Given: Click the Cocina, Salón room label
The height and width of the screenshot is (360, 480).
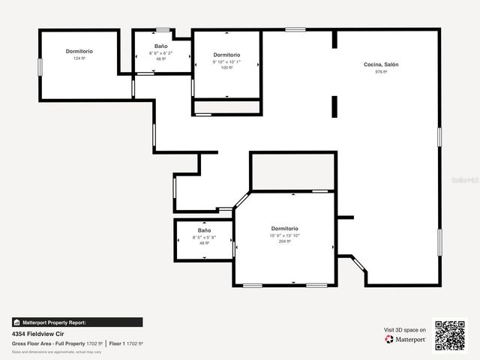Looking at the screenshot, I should [x=381, y=64].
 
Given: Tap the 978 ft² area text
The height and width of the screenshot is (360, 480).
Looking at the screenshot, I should [x=381, y=72].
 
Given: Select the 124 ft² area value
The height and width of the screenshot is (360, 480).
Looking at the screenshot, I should [x=79, y=58].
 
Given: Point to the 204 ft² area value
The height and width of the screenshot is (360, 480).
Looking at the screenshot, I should [x=284, y=241].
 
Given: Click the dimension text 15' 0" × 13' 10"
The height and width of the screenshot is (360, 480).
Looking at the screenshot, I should [x=284, y=235].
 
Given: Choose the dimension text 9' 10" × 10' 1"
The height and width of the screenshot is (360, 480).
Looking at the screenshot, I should [x=226, y=61].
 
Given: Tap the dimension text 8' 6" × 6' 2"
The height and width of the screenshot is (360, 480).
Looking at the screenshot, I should [x=161, y=52].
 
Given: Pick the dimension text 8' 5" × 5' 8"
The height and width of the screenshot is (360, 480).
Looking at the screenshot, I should [x=204, y=237].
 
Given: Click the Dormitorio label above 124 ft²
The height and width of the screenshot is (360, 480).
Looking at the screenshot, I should [x=79, y=51].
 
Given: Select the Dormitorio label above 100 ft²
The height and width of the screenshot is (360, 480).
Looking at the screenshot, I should [x=226, y=55].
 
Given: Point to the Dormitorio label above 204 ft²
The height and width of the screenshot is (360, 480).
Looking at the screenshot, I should [x=284, y=229].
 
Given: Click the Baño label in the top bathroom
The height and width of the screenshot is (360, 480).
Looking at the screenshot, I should [x=161, y=46].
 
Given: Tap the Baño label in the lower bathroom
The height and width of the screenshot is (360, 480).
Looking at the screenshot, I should [x=204, y=230].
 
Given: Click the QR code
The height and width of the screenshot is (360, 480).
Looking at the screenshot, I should [x=450, y=335].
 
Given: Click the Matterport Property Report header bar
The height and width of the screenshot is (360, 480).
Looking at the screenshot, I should [x=76, y=322].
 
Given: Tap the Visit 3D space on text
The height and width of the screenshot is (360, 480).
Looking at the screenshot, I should [x=405, y=330].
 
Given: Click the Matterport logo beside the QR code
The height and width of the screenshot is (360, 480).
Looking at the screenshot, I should [x=405, y=340].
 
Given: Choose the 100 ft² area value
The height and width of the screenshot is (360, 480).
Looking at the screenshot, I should [x=226, y=68].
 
